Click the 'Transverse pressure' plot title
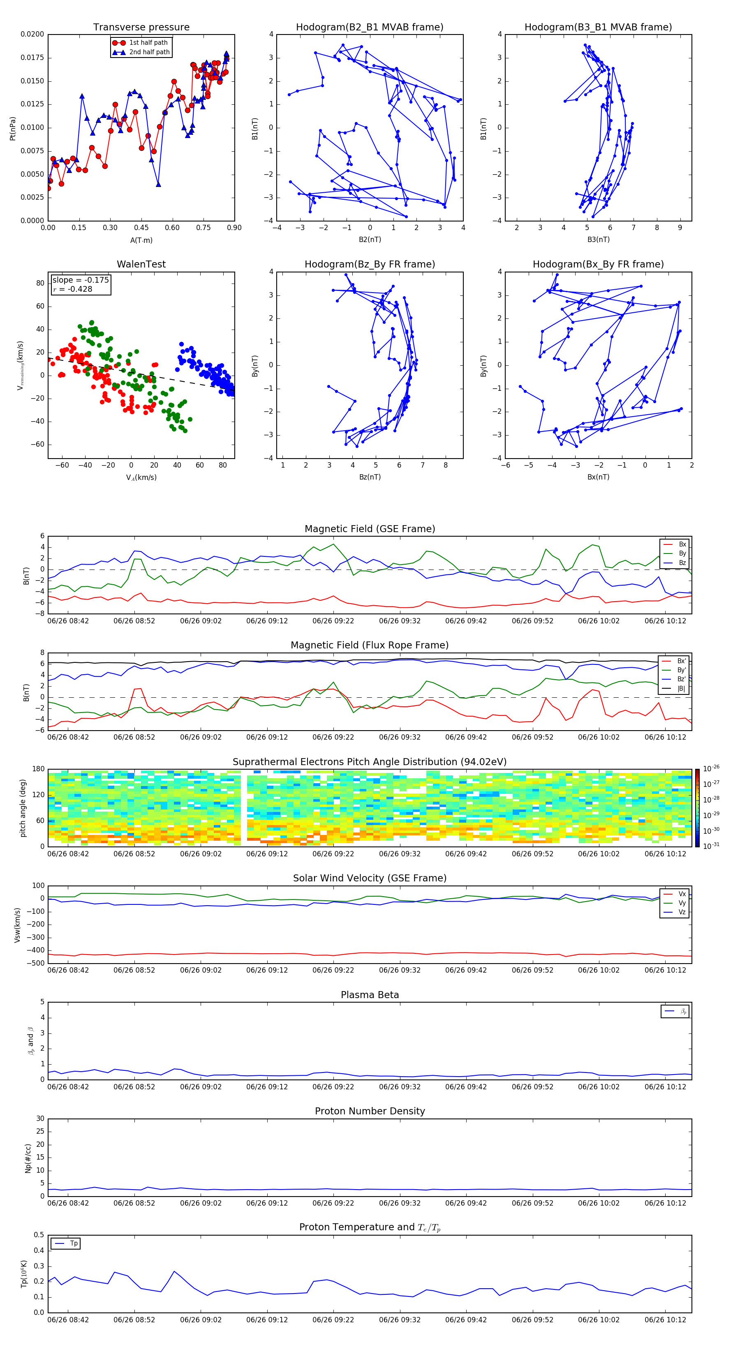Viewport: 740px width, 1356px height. [x=141, y=28]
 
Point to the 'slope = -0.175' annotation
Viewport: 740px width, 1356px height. [x=81, y=280]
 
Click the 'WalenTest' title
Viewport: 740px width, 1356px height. [x=141, y=264]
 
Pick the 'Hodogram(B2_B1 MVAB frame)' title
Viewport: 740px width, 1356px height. [x=369, y=28]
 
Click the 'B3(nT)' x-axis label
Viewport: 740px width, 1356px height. [x=598, y=240]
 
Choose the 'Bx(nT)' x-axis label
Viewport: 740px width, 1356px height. [x=598, y=477]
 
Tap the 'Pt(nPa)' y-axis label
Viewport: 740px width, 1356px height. [x=13, y=128]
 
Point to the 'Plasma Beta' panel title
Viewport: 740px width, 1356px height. [x=369, y=995]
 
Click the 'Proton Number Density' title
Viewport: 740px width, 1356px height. [x=369, y=1111]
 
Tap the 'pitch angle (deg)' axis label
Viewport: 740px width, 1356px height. [x=23, y=807]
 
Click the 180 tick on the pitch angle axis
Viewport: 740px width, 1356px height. [x=38, y=769]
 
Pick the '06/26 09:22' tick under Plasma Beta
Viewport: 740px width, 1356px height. [x=333, y=1087]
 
